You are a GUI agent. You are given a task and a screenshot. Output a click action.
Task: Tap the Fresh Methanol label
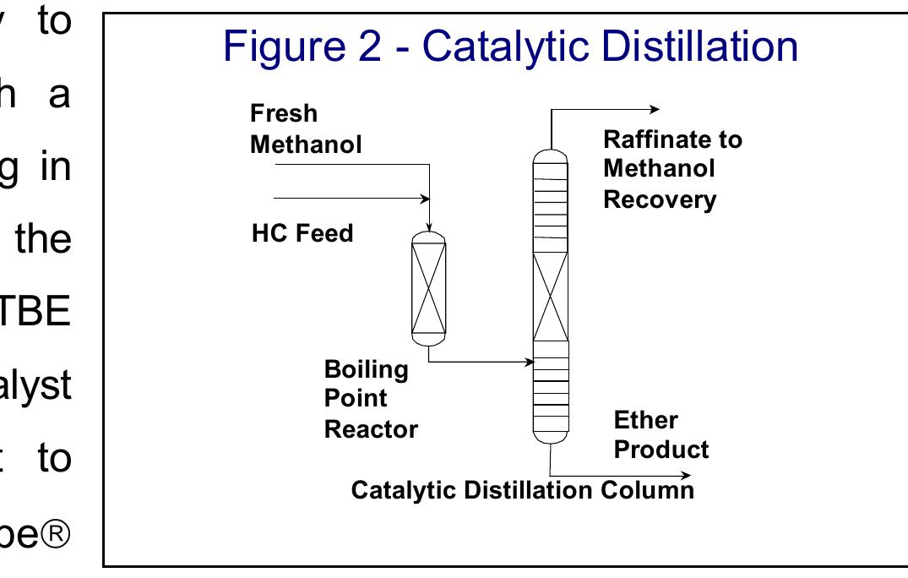306,128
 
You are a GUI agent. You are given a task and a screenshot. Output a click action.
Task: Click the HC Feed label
302,232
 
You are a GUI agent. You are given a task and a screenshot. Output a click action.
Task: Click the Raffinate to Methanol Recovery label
672,169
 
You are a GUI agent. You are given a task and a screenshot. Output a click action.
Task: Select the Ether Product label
661,434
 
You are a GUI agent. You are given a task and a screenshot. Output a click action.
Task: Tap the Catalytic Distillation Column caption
522,490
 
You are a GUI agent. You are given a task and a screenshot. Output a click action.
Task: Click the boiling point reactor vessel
428,287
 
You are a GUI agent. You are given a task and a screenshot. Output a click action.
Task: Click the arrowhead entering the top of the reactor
429,226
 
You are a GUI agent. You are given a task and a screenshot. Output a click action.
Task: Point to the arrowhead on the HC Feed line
424,199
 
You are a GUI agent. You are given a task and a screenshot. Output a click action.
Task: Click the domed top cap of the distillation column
551,155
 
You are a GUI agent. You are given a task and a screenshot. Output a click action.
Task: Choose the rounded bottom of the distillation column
551,435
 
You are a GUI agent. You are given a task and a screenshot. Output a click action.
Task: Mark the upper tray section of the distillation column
551,207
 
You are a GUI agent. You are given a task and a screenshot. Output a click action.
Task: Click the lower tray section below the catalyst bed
551,384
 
